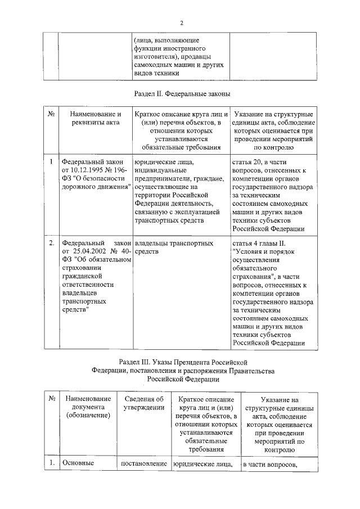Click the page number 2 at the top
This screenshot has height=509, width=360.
pyautogui.click(x=182, y=23)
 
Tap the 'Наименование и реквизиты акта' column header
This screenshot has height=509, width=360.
pyautogui.click(x=92, y=119)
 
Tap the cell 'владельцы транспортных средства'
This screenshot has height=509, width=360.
pyautogui.click(x=173, y=247)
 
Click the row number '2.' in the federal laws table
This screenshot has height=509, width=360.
pyautogui.click(x=51, y=243)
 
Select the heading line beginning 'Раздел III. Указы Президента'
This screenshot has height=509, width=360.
pyautogui.click(x=183, y=363)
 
